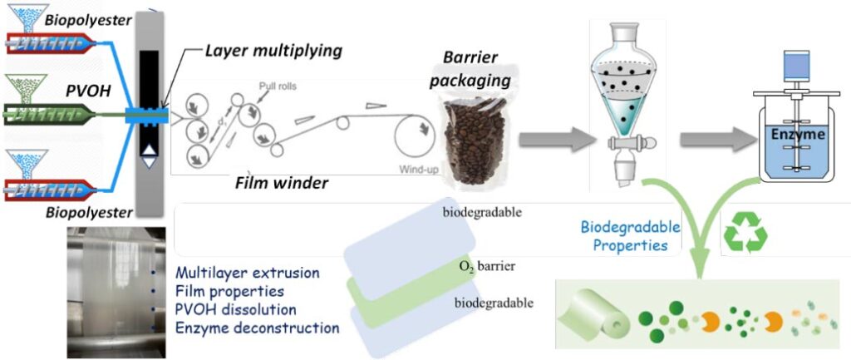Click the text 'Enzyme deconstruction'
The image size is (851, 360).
258,328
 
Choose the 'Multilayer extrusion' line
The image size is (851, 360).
248,273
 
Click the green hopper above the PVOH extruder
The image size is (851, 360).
26,88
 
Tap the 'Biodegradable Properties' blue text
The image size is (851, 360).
630,236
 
